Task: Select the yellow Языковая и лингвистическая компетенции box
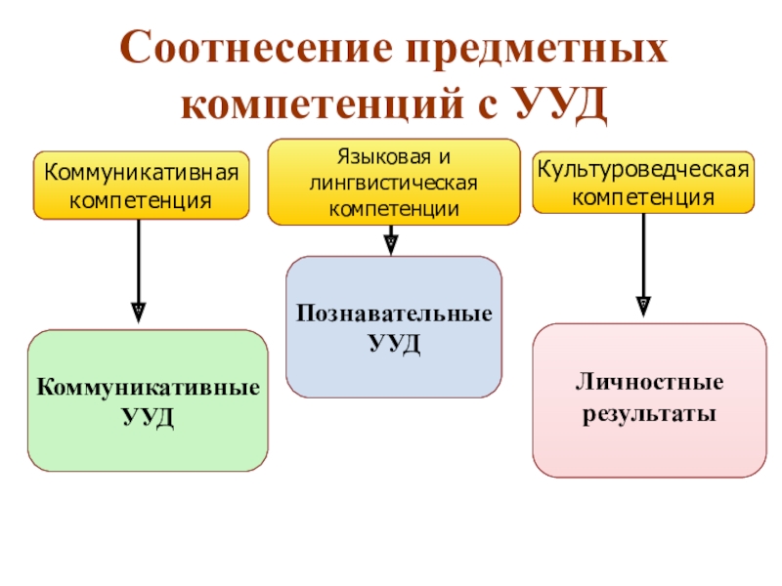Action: click(394, 183)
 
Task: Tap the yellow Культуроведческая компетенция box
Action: click(643, 183)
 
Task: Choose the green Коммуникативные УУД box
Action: click(148, 400)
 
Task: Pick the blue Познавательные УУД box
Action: click(394, 327)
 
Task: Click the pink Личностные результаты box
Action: click(649, 400)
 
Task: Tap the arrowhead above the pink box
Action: click(643, 306)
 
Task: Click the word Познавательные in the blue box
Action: click(394, 315)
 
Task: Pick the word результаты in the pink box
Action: click(649, 414)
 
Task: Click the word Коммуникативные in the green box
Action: click(149, 388)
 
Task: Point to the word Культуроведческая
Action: click(643, 170)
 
